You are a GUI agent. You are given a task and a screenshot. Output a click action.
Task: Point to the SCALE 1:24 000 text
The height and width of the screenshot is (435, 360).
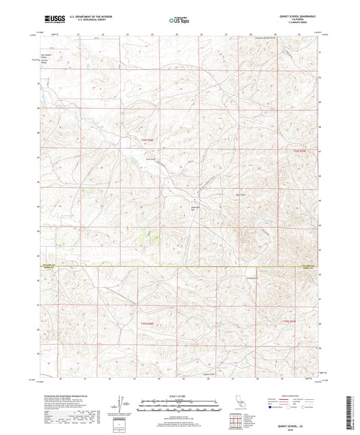coord(179,395)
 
